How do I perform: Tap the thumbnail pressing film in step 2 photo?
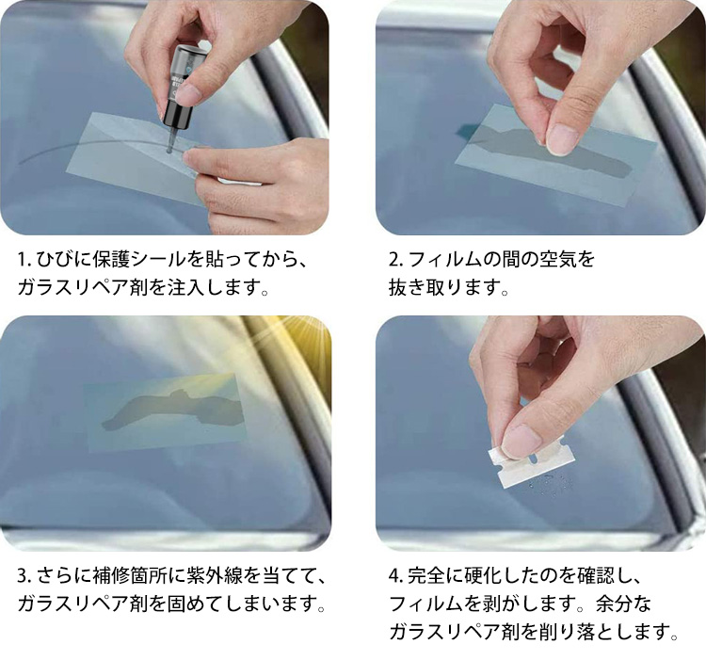point(561,139)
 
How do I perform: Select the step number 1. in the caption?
point(24,260)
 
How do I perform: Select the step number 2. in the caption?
point(396,260)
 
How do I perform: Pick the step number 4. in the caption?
point(396,576)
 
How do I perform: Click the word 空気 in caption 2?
point(558,259)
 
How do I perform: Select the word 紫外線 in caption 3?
point(215,576)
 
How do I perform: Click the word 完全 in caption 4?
point(426,576)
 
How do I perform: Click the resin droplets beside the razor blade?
point(552,482)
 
